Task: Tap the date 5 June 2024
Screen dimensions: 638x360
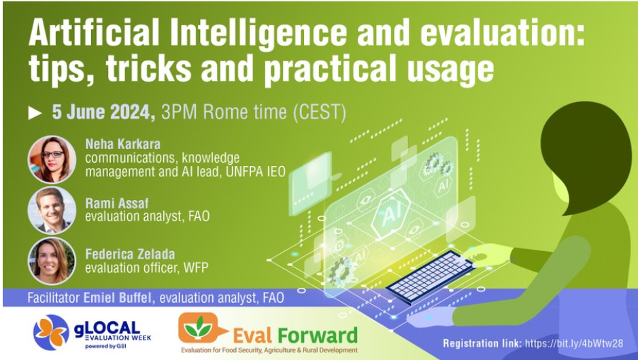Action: [103, 112]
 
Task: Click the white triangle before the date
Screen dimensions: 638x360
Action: [35, 113]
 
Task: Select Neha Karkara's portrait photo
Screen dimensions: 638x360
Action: [52, 159]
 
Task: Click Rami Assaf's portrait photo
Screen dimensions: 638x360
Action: [52, 210]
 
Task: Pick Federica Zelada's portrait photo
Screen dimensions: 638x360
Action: [52, 261]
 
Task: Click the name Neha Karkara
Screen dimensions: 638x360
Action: [123, 144]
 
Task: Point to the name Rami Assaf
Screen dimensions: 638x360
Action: [117, 203]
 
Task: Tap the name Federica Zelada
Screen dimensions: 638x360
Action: [130, 254]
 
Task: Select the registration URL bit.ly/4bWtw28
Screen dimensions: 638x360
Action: [573, 343]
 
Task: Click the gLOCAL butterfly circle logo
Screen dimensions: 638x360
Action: [51, 332]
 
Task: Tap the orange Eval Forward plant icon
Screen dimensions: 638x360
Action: [199, 328]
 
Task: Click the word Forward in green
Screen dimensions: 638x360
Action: [318, 336]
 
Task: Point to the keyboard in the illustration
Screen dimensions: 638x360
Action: [430, 278]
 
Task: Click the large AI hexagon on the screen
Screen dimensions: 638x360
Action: [391, 214]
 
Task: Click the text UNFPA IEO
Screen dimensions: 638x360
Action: [256, 171]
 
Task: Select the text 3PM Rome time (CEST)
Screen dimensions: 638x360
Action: [254, 112]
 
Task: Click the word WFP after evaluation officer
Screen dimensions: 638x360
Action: [196, 267]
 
